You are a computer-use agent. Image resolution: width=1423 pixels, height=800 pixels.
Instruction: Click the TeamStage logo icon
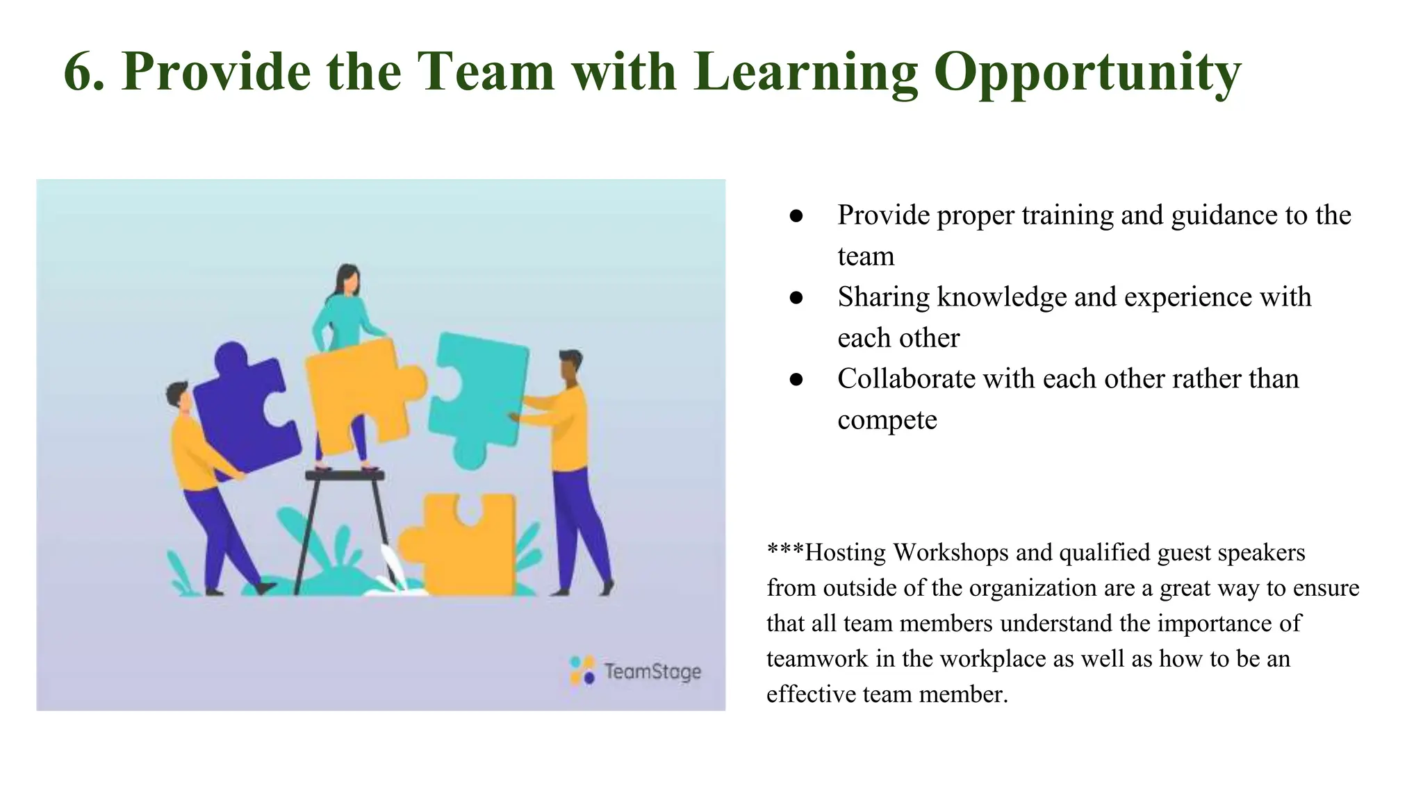tap(582, 671)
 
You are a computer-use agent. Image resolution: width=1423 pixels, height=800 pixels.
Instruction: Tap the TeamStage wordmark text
tap(652, 672)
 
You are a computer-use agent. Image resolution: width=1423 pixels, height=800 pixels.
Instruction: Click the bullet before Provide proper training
tap(796, 216)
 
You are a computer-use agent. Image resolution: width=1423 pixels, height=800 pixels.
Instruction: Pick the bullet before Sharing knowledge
tap(796, 298)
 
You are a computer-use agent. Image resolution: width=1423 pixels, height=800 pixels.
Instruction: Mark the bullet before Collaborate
tap(796, 380)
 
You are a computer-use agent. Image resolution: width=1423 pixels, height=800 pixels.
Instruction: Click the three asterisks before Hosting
tap(784, 550)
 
